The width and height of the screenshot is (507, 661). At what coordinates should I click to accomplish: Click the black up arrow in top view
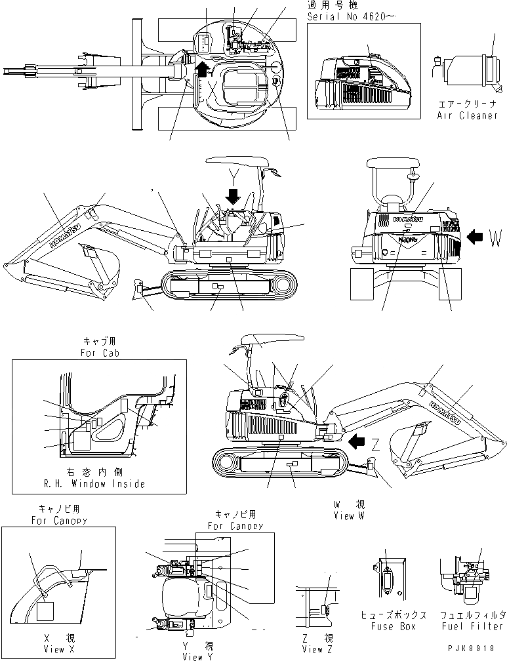click(x=203, y=68)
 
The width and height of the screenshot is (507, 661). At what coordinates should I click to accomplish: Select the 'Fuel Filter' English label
click(x=473, y=626)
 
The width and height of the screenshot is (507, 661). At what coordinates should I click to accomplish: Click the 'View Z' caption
click(x=312, y=649)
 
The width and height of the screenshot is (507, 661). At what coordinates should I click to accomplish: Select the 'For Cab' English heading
click(x=98, y=352)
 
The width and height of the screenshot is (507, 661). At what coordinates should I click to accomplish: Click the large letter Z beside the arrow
click(x=375, y=443)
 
